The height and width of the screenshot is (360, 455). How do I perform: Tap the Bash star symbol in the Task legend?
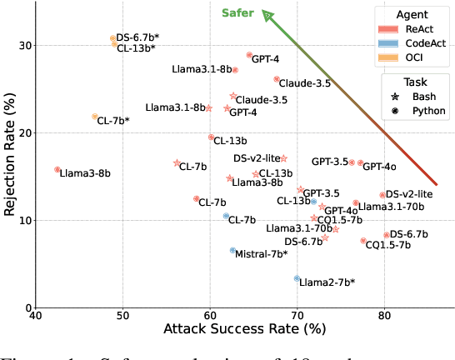pyautogui.click(x=393, y=97)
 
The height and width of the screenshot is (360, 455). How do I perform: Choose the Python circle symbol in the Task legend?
pyautogui.click(x=393, y=111)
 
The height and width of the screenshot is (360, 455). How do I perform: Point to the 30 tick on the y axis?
pyautogui.click(x=23, y=45)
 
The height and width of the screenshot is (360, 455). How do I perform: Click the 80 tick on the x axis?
pyautogui.click(x=384, y=317)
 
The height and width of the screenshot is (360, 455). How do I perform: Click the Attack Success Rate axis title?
pyautogui.click(x=245, y=331)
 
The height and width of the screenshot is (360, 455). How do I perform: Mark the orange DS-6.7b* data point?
pyautogui.click(x=112, y=38)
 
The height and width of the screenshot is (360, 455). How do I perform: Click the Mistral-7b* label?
pyautogui.click(x=262, y=253)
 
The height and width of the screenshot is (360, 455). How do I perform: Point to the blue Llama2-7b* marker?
pyautogui.click(x=297, y=278)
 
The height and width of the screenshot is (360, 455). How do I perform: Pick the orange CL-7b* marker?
pyautogui.click(x=95, y=117)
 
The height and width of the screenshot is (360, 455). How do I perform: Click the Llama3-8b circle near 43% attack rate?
pyautogui.click(x=57, y=170)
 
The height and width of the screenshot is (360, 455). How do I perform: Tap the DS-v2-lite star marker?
pyautogui.click(x=283, y=158)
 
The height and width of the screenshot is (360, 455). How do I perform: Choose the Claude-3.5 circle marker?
pyautogui.click(x=277, y=79)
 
